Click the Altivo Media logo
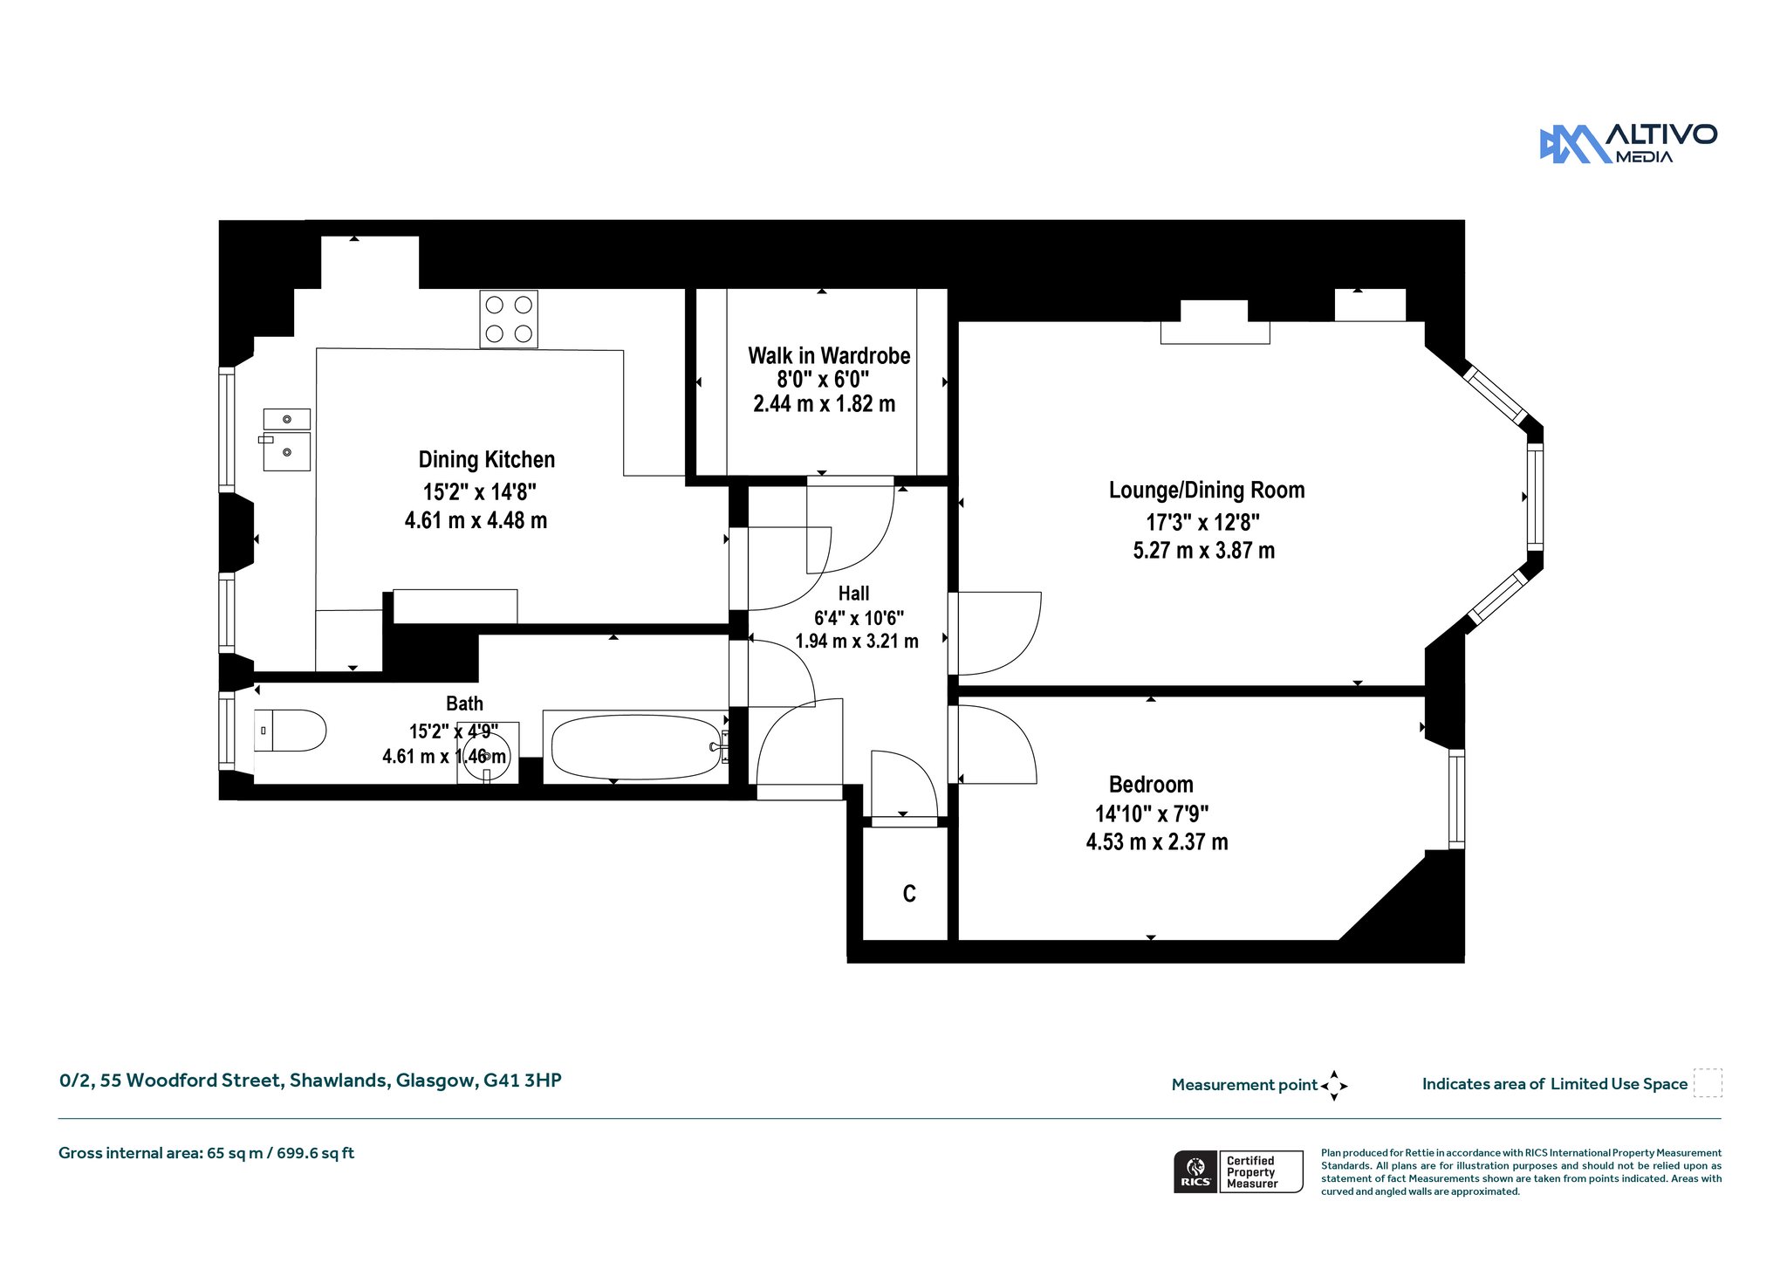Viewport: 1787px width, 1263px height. pos(1628,144)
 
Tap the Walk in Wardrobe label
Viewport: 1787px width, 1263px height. pos(829,356)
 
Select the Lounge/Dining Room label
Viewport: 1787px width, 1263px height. pos(1207,491)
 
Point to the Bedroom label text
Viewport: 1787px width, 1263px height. pos(1151,785)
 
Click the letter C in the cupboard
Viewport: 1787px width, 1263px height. pos(909,894)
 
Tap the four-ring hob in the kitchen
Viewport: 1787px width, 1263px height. pos(509,319)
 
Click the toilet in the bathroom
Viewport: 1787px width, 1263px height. pos(291,731)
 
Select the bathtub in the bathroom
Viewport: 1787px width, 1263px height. pos(636,747)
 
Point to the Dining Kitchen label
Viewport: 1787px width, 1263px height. pos(487,460)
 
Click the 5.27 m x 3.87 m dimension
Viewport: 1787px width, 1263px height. pos(1204,551)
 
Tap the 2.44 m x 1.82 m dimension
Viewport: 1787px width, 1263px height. pos(825,404)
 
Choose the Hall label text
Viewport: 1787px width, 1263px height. pos(853,594)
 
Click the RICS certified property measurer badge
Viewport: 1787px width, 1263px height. pos(1238,1171)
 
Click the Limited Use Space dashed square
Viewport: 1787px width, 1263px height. pos(1708,1083)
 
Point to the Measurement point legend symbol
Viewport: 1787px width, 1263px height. pos(1334,1086)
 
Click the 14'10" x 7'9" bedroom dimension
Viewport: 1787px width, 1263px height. pos(1152,814)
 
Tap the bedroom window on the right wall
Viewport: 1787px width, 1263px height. pos(1456,799)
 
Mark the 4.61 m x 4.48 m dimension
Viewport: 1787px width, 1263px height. pos(476,521)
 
